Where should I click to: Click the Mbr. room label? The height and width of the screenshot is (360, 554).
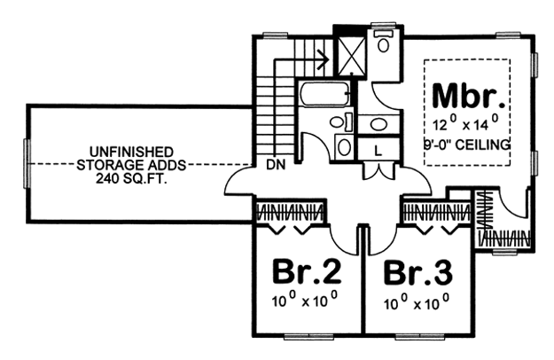click(x=469, y=96)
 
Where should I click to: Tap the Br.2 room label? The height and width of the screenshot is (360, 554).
click(x=307, y=271)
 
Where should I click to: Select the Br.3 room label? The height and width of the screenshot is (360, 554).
click(x=418, y=272)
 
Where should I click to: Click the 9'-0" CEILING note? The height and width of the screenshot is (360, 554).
click(x=467, y=145)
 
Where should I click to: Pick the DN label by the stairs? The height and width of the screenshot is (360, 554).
click(x=276, y=165)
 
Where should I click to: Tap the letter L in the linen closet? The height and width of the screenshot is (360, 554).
click(x=378, y=152)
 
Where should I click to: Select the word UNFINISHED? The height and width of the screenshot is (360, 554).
click(x=131, y=152)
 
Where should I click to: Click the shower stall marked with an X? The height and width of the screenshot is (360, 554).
click(x=351, y=56)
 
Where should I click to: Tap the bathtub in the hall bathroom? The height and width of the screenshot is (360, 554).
click(x=325, y=93)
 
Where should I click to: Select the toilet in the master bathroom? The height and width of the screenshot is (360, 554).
click(x=383, y=41)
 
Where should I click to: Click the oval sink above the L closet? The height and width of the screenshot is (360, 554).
click(x=378, y=123)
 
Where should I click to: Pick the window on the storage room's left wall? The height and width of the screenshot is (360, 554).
click(x=26, y=163)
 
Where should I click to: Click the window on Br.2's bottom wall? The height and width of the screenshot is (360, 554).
click(x=308, y=336)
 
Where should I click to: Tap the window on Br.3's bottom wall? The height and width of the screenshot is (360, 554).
click(x=419, y=336)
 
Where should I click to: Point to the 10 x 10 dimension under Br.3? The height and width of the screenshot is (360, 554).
click(x=417, y=302)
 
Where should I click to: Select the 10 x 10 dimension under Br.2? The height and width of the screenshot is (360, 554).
click(x=305, y=301)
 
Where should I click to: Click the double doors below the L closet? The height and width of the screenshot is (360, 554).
click(x=378, y=170)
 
